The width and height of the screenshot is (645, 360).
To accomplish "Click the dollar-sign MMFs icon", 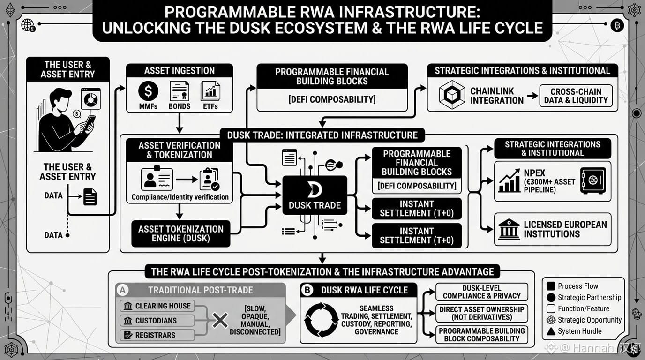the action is (x=148, y=91).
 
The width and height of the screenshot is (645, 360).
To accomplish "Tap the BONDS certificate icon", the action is (x=180, y=91).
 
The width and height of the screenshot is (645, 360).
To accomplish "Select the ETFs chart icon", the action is (x=210, y=91).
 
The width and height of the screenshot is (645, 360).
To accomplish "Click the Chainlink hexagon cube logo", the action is (x=452, y=95).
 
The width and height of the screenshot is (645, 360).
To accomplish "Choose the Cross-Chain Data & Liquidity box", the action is (x=576, y=96).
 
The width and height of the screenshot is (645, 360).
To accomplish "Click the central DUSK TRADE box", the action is (x=315, y=195).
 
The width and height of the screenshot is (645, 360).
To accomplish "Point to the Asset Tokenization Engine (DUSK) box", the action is (x=181, y=233).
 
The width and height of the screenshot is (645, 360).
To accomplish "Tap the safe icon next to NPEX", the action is (x=593, y=181).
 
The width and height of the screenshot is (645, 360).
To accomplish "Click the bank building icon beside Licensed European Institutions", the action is (x=509, y=230).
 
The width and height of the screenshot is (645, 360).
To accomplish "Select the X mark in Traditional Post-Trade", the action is (x=220, y=321).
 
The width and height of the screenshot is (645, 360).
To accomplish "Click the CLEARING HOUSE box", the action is (x=157, y=306).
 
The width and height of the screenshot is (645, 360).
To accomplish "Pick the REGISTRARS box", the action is (x=157, y=335).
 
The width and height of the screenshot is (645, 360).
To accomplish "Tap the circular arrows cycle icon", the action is (x=322, y=320).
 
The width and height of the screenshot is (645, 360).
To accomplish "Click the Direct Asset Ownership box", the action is (x=482, y=313).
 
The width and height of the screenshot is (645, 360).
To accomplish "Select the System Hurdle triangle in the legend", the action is (x=551, y=331).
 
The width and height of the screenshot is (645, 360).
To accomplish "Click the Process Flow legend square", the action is (x=551, y=286).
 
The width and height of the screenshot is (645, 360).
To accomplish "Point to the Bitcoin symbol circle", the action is (x=617, y=26).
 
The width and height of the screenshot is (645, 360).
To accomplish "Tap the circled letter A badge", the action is (x=123, y=290).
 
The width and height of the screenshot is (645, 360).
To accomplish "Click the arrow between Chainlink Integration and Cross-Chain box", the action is (x=532, y=96).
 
